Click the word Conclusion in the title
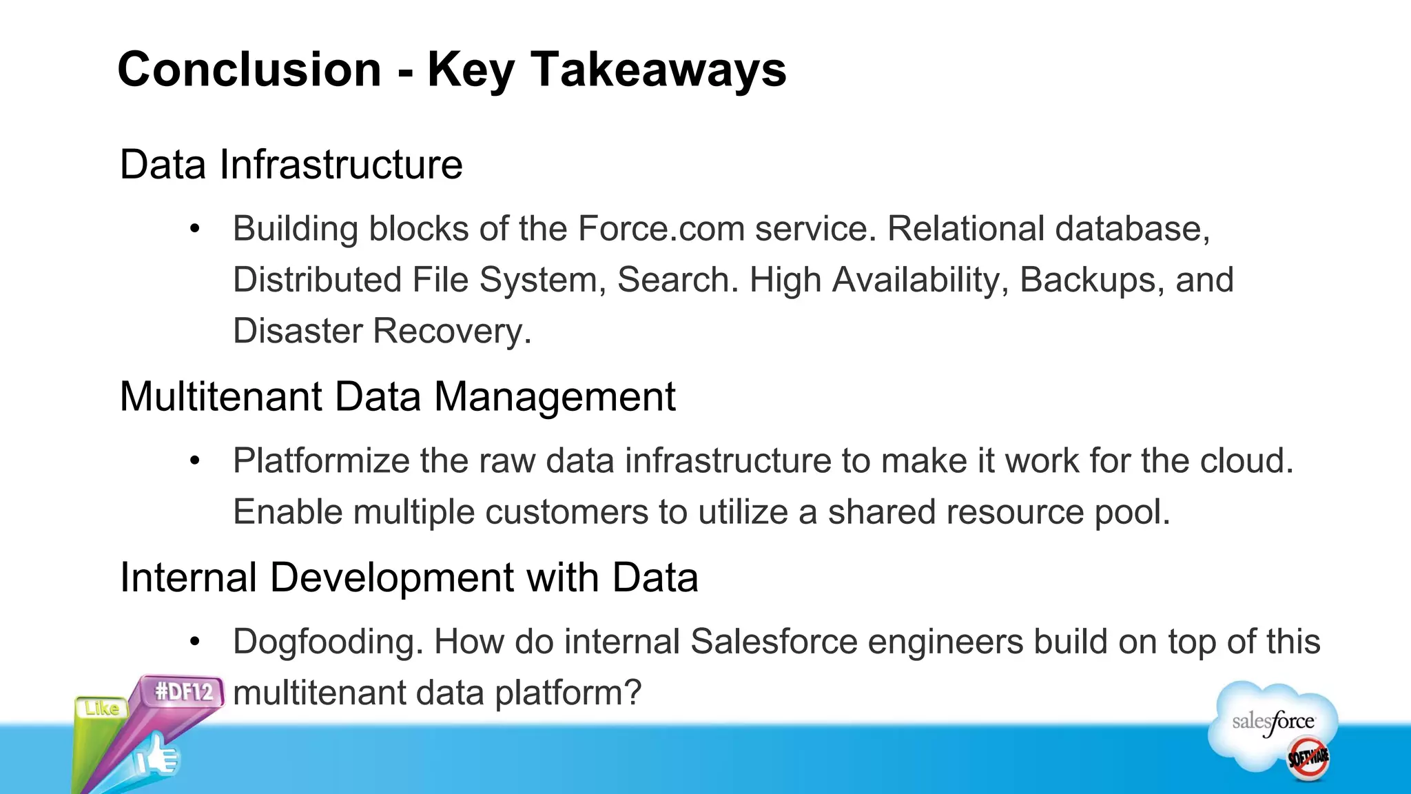click(249, 70)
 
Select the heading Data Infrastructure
click(291, 165)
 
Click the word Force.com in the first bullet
click(661, 229)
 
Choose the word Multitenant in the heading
click(221, 397)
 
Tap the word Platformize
click(321, 460)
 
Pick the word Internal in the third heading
click(188, 578)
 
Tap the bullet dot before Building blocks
click(195, 229)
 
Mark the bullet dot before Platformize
click(195, 460)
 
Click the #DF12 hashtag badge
click(183, 691)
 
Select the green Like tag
click(101, 708)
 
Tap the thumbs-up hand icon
click(157, 757)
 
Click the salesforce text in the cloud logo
click(1273, 722)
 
